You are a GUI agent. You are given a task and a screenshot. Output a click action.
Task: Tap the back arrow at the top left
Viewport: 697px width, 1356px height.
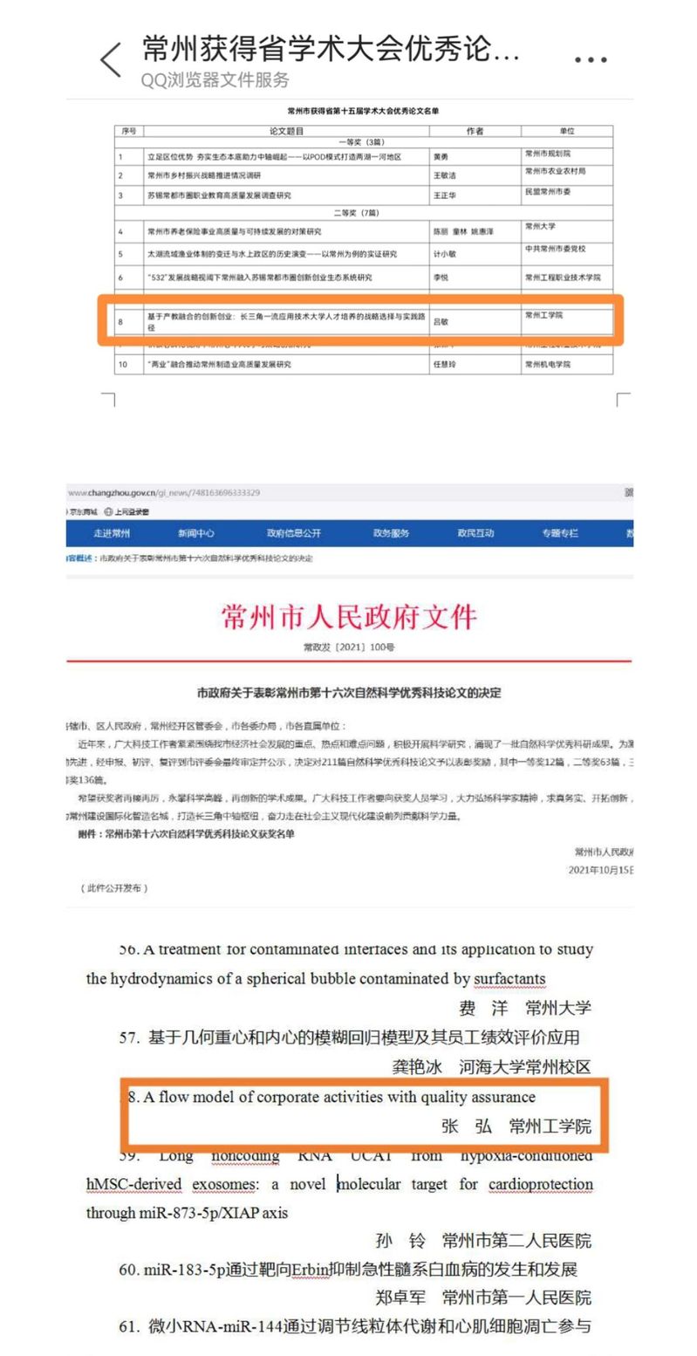[x=111, y=60]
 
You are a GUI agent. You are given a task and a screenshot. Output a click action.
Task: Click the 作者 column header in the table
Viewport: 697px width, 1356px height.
[x=475, y=131]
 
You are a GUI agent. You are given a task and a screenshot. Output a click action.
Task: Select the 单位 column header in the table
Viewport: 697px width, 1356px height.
[x=567, y=131]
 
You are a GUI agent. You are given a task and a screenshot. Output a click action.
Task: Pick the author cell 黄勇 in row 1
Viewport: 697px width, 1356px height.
[x=442, y=157]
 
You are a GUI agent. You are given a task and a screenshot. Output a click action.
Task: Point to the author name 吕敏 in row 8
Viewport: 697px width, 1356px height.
[x=441, y=322]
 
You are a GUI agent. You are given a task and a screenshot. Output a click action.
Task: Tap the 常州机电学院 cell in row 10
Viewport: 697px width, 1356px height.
[x=547, y=365]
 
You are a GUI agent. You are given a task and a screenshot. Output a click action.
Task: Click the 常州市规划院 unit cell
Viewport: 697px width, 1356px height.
[x=548, y=154]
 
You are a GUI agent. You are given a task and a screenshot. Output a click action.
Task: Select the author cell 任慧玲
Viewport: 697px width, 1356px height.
[x=445, y=365]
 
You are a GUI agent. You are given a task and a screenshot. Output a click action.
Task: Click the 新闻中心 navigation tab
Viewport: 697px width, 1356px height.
[x=195, y=533]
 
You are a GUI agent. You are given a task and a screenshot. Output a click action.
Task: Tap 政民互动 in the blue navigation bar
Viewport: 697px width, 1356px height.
[x=475, y=533]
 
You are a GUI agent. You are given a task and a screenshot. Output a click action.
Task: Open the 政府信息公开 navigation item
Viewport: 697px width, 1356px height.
[x=294, y=533]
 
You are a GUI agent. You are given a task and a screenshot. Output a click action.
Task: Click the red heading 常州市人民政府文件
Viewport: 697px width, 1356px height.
[x=349, y=617]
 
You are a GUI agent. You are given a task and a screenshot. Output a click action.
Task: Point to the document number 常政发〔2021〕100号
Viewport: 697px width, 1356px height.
[x=349, y=647]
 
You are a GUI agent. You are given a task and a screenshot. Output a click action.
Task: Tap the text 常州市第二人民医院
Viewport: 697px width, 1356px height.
[x=516, y=1240]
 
